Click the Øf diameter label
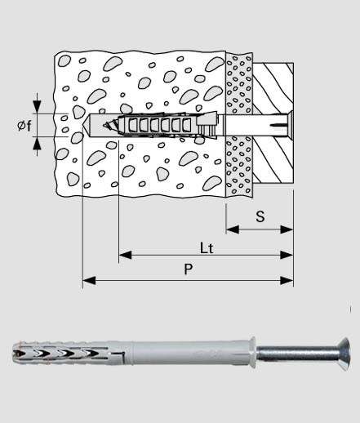24,126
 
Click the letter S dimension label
260,216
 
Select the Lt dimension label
207,248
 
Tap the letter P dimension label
189,269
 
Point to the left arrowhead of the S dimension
233,229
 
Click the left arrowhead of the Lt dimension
125,255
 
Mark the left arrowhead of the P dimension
89,280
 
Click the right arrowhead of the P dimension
287,280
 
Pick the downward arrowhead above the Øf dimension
37,107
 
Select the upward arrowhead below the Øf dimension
37,144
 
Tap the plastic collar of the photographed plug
252,352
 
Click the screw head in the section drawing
290,125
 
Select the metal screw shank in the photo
297,354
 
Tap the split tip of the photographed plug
17,353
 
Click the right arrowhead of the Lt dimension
287,255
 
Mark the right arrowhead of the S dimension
287,229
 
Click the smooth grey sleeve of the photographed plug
190,353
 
